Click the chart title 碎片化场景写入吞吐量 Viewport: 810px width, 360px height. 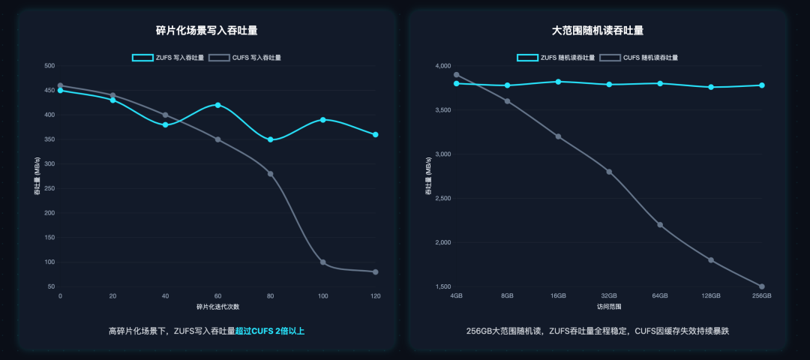click(206, 31)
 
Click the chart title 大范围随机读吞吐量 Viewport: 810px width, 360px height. click(598, 31)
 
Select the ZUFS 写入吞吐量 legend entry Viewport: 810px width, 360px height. click(165, 57)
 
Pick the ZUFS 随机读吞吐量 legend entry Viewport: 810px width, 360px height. click(556, 57)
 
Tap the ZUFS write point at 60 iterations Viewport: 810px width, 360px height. click(217, 105)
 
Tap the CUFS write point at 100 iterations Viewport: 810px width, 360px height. click(322, 262)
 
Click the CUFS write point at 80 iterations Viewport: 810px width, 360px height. click(270, 174)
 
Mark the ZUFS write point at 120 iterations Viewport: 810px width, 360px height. click(375, 134)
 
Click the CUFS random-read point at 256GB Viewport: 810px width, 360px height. click(761, 286)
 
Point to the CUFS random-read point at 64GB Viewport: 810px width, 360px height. click(660, 225)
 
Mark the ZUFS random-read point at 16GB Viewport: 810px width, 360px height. click(558, 82)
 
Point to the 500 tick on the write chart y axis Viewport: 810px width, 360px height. click(49, 66)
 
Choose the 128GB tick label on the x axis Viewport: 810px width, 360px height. click(710, 295)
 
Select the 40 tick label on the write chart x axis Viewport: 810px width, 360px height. click(165, 295)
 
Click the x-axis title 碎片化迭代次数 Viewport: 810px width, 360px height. click(217, 307)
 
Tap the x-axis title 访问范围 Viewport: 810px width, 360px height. click(609, 307)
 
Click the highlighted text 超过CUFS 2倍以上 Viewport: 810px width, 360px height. click(270, 331)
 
